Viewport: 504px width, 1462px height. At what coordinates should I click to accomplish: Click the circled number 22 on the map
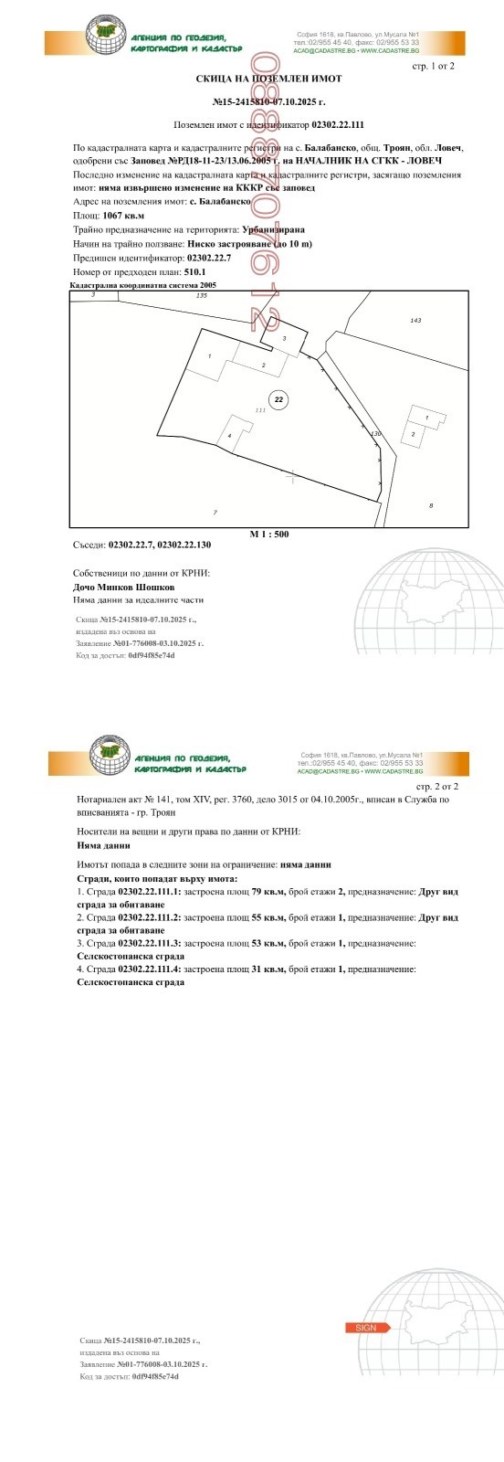pyautogui.click(x=279, y=398)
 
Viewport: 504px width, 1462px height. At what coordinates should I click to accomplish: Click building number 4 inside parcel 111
pyautogui.click(x=229, y=435)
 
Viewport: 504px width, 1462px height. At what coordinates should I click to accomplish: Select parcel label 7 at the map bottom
pyautogui.click(x=215, y=512)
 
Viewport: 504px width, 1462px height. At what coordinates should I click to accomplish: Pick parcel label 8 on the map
pyautogui.click(x=431, y=505)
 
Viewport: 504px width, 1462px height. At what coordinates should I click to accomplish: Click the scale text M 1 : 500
pyautogui.click(x=269, y=534)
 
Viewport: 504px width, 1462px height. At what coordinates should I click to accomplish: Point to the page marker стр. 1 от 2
pyautogui.click(x=434, y=66)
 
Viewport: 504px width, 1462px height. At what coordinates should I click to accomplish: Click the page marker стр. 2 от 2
pyautogui.click(x=437, y=786)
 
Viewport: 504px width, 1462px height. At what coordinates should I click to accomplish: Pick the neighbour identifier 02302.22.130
pyautogui.click(x=184, y=545)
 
